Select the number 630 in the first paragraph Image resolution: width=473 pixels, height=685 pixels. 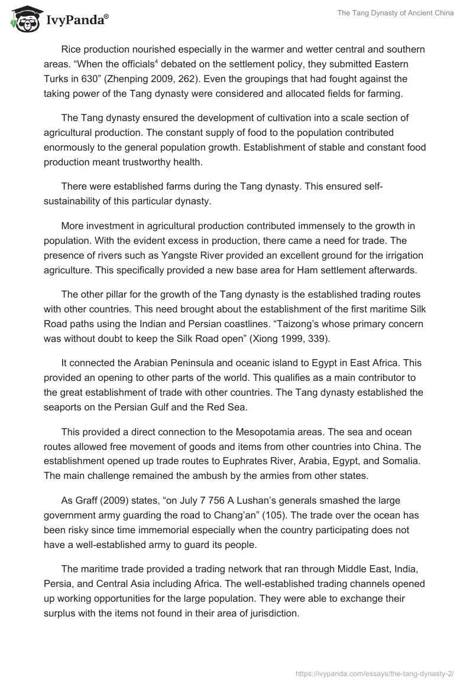pyautogui.click(x=113, y=79)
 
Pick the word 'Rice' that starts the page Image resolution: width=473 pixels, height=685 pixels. pyautogui.click(x=72, y=50)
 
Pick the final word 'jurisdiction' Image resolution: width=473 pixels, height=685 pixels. pyautogui.click(x=270, y=614)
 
